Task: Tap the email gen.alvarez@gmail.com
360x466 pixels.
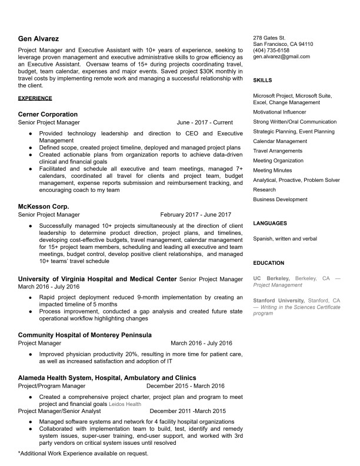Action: [x=281, y=56]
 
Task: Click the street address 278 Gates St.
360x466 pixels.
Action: [x=269, y=37]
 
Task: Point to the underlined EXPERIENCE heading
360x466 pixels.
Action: [x=35, y=98]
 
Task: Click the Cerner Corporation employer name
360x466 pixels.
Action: [x=48, y=114]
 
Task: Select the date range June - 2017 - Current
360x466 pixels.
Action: [x=204, y=122]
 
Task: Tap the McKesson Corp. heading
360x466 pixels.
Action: [x=44, y=207]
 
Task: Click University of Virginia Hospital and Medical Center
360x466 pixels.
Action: [x=97, y=278]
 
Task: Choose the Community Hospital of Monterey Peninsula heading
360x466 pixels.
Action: [x=85, y=335]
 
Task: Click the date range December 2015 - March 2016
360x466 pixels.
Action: [x=185, y=386]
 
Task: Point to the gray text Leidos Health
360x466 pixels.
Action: [x=125, y=404]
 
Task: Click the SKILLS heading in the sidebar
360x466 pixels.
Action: [x=262, y=80]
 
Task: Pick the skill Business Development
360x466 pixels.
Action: [x=280, y=199]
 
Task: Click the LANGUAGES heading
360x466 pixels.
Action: [x=270, y=224]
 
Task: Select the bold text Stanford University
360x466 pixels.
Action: [x=273, y=300]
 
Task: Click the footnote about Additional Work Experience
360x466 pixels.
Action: [x=83, y=454]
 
